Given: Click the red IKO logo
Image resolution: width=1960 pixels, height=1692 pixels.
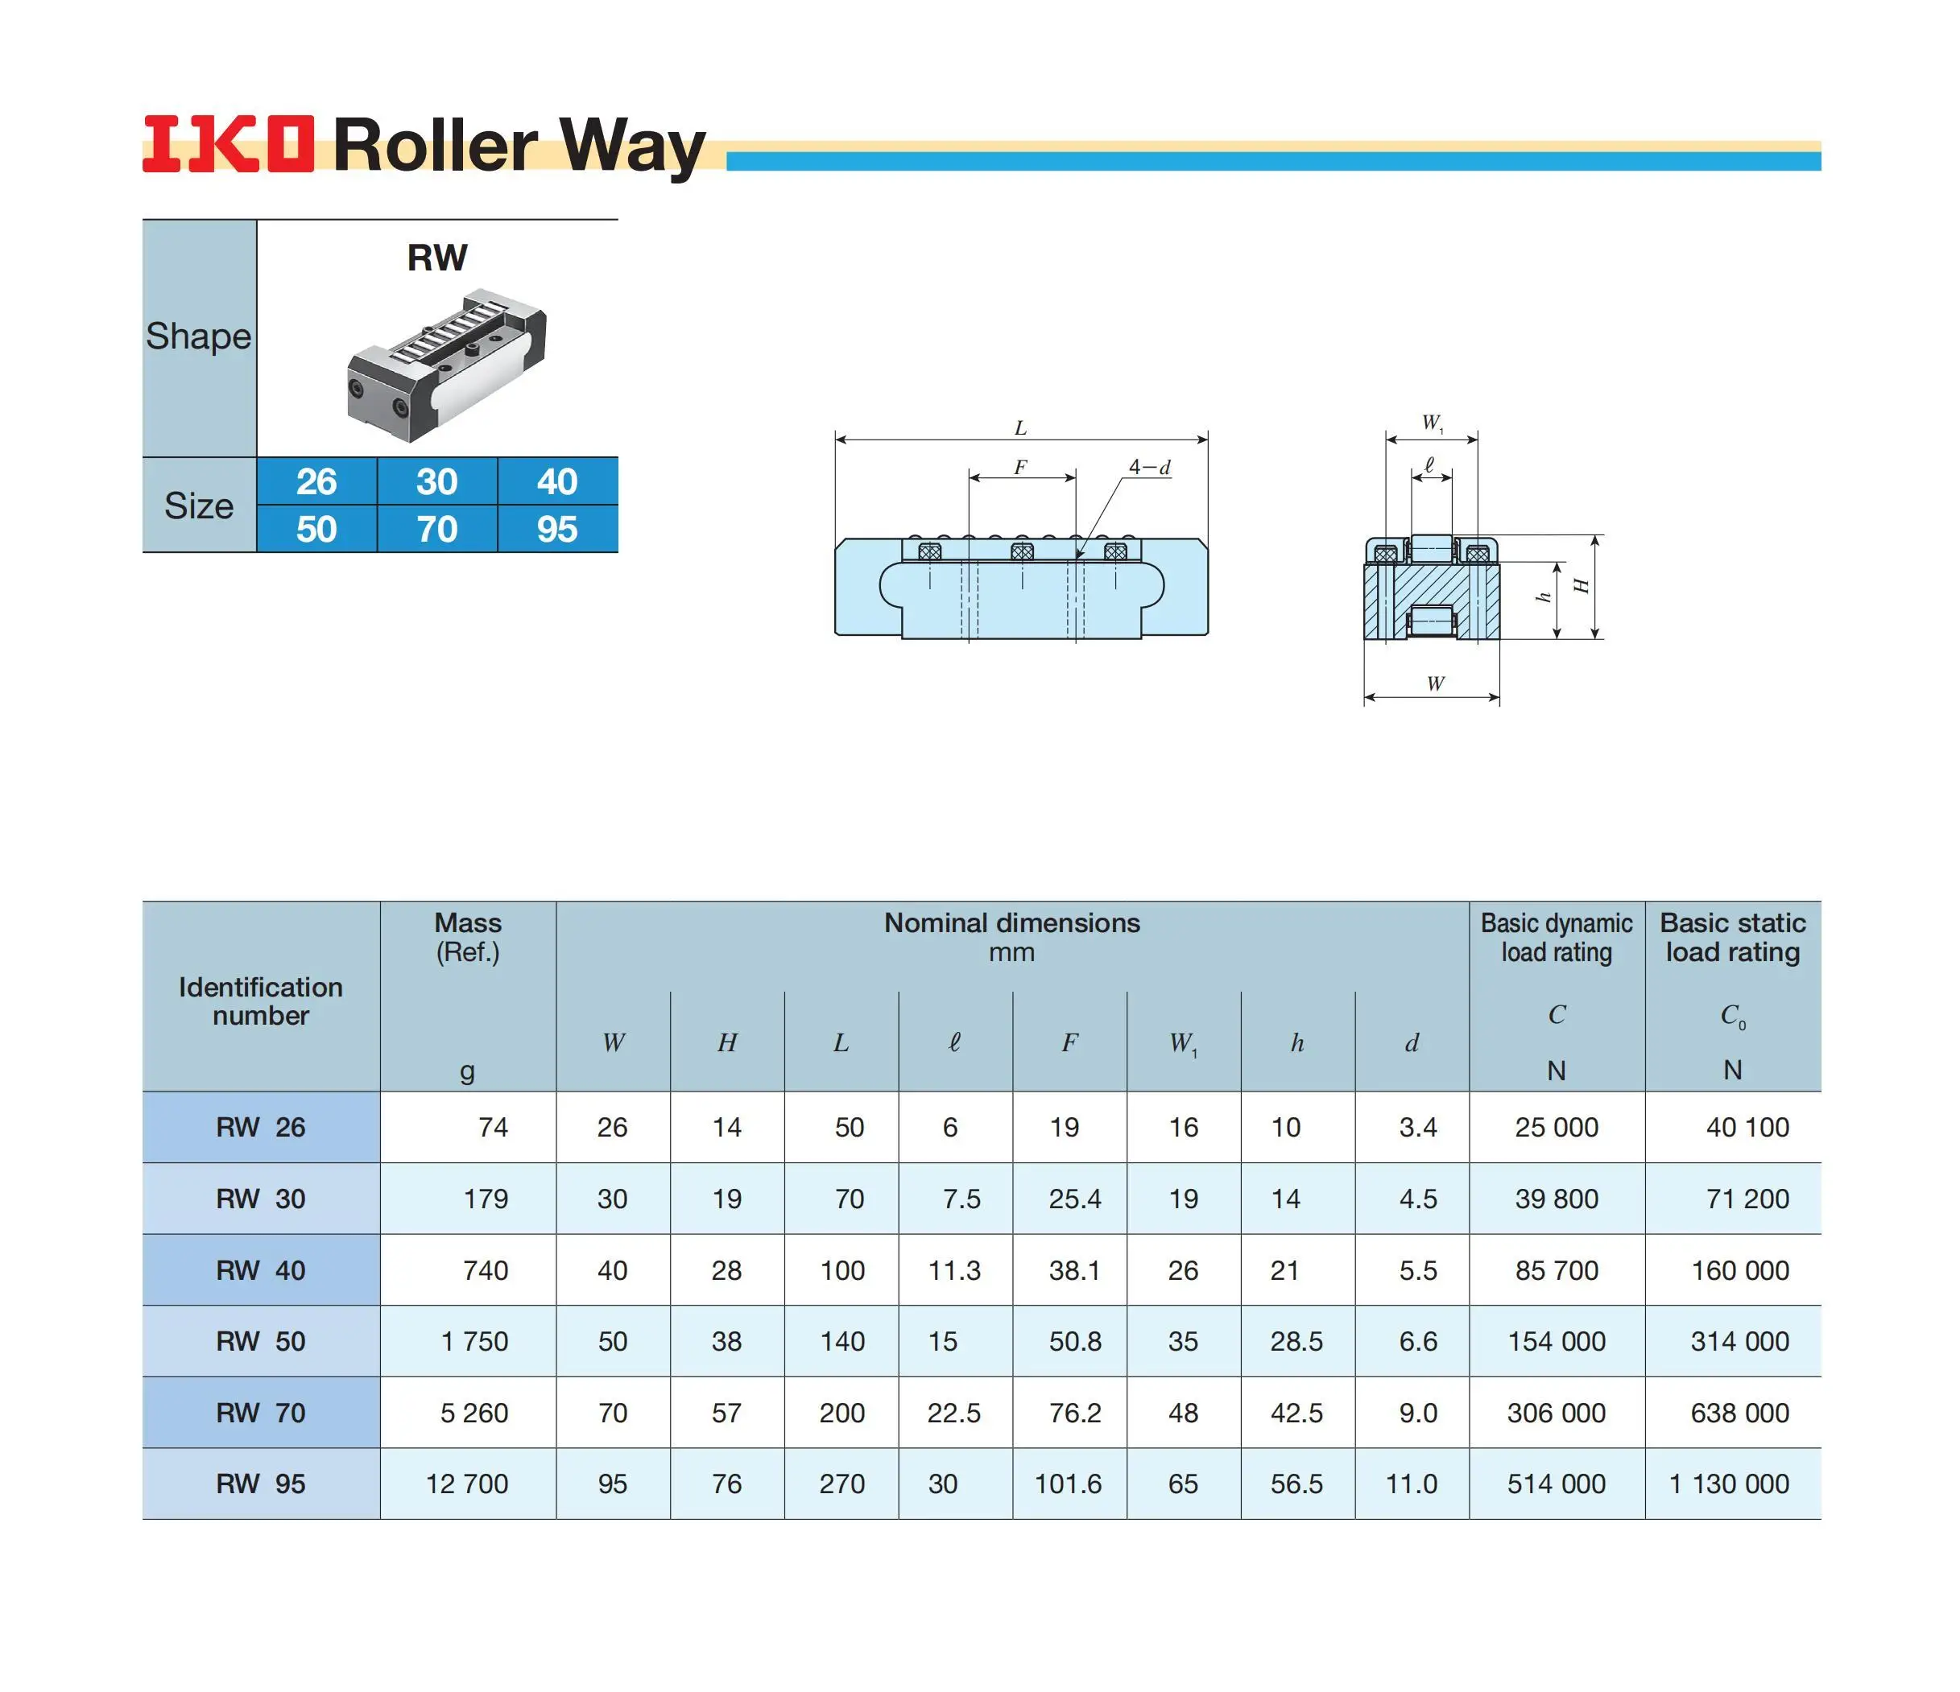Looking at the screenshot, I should [227, 145].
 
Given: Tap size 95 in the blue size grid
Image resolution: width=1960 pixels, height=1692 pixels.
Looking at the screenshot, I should [557, 529].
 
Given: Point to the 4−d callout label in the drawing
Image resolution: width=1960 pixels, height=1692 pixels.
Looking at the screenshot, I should [1149, 467].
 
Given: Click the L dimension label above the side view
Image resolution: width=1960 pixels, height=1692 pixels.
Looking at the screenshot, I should [1021, 428].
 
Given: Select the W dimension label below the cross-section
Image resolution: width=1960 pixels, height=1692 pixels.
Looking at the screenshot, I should [1435, 683].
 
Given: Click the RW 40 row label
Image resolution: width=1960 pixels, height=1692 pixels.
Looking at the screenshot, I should [261, 1270].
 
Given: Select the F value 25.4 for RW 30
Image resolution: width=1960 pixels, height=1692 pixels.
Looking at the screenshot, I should [1074, 1199].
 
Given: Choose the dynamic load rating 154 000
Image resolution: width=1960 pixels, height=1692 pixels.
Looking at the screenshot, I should [1556, 1341].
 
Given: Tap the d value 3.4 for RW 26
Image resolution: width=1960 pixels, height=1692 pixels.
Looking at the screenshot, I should [1418, 1128].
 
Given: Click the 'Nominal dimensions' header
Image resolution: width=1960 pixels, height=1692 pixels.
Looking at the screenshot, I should [1012, 923].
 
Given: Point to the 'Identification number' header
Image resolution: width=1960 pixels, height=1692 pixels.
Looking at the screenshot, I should [261, 1001].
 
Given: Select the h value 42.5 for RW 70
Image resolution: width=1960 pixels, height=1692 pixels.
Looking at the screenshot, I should [1296, 1413].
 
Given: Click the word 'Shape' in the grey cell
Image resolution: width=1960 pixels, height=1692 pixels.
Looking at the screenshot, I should [199, 336].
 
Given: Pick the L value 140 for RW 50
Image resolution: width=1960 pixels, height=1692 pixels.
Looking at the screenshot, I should [841, 1341].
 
